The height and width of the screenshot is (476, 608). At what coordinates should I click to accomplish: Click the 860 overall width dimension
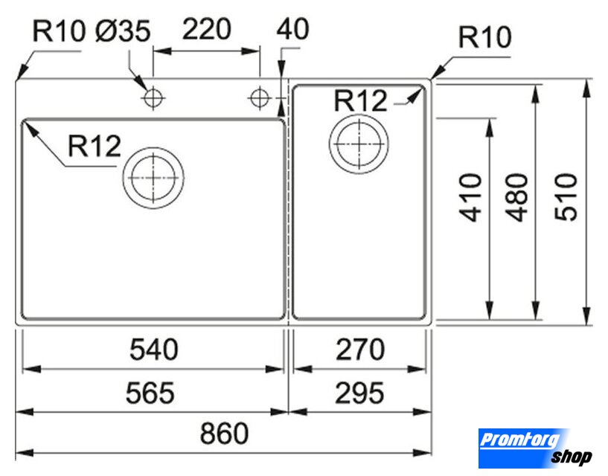(224, 434)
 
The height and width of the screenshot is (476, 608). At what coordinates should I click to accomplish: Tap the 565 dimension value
(150, 393)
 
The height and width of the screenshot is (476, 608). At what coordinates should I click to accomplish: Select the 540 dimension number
(154, 350)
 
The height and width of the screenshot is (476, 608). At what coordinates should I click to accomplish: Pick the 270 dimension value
(360, 350)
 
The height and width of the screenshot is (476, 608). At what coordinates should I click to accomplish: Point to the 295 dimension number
(359, 393)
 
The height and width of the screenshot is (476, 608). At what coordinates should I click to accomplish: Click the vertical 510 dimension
(566, 198)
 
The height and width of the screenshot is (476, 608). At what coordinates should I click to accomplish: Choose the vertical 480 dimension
(517, 198)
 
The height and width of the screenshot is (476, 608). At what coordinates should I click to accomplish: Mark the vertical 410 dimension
(471, 198)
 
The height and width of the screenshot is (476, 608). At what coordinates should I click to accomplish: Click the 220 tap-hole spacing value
(207, 30)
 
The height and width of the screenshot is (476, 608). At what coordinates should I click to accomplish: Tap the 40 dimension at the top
(292, 29)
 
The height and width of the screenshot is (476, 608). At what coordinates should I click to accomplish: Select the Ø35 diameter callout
(123, 31)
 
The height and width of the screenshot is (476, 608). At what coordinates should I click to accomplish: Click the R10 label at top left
(59, 31)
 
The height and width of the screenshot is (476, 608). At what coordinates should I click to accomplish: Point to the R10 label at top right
(484, 37)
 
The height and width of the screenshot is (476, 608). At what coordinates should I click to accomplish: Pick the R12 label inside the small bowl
(360, 101)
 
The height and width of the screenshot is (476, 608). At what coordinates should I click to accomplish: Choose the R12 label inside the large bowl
(95, 146)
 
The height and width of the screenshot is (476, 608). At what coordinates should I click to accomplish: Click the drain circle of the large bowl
(153, 178)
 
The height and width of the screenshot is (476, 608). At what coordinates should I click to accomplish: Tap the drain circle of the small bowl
(359, 144)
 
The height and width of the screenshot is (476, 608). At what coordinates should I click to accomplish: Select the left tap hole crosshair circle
(153, 97)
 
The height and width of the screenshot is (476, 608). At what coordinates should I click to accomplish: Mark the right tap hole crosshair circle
(260, 97)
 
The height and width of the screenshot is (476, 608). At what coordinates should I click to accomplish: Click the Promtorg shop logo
(535, 448)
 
